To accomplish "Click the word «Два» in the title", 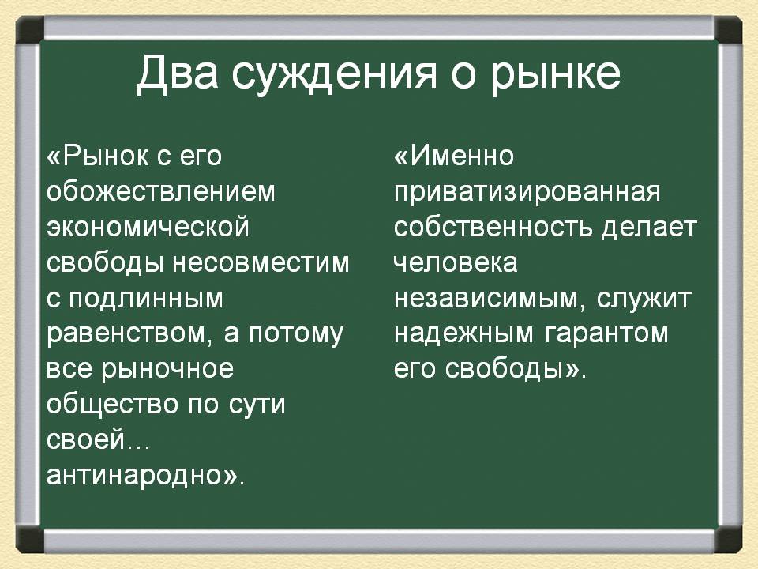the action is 176,73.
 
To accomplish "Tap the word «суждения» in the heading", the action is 334,74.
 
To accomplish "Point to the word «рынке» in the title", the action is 555,75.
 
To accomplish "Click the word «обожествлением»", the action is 161,192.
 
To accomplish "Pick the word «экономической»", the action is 148,228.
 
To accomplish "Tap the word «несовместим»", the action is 261,262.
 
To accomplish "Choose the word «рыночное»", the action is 167,370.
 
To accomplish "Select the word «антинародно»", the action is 141,476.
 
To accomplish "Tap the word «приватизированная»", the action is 527,192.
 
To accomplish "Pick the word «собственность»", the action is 493,228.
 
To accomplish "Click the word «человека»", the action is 456,262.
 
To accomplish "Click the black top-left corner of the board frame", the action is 30,30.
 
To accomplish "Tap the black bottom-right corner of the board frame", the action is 727,540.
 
